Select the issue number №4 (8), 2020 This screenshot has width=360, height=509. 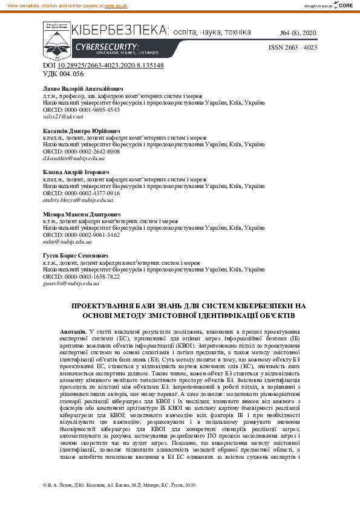(298, 31)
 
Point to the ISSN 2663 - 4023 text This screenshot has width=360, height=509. (292, 47)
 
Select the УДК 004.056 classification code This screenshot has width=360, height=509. (63, 73)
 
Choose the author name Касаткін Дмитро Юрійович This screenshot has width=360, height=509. (81, 131)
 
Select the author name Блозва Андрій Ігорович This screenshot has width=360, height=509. (76, 172)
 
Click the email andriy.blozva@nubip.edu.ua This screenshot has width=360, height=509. (78, 199)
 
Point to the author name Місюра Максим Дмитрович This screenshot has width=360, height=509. (81, 214)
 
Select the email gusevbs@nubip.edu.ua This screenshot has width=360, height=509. (71, 283)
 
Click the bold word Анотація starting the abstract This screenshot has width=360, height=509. (73, 332)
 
